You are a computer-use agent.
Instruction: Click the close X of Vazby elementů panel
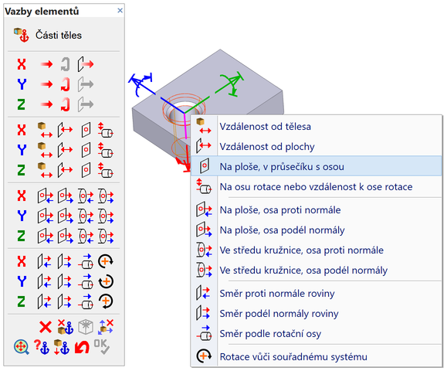click(x=120, y=11)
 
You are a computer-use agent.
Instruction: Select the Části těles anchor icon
click(x=22, y=35)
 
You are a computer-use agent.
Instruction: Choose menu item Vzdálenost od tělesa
click(x=265, y=127)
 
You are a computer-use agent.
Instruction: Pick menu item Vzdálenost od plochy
click(x=267, y=147)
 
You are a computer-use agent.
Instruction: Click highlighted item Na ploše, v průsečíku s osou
click(x=282, y=167)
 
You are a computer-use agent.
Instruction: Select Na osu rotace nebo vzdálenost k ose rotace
click(x=317, y=187)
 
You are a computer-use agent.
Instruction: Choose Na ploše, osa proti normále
click(x=280, y=210)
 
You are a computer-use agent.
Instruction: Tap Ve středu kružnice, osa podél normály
click(x=303, y=271)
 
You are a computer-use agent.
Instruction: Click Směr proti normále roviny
click(x=277, y=294)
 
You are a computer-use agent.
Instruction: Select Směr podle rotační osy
click(x=270, y=334)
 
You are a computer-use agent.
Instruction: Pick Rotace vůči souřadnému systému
click(x=293, y=357)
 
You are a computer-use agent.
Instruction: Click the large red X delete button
click(x=46, y=327)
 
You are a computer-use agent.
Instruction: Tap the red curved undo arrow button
click(x=82, y=347)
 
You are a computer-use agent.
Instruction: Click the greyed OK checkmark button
click(x=102, y=347)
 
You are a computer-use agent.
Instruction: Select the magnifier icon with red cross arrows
click(x=22, y=347)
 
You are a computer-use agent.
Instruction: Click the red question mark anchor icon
click(x=42, y=347)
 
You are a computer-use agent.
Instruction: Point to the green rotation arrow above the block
click(x=232, y=83)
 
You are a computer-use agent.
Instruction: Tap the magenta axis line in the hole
click(x=185, y=126)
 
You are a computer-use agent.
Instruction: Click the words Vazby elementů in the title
click(x=42, y=11)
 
